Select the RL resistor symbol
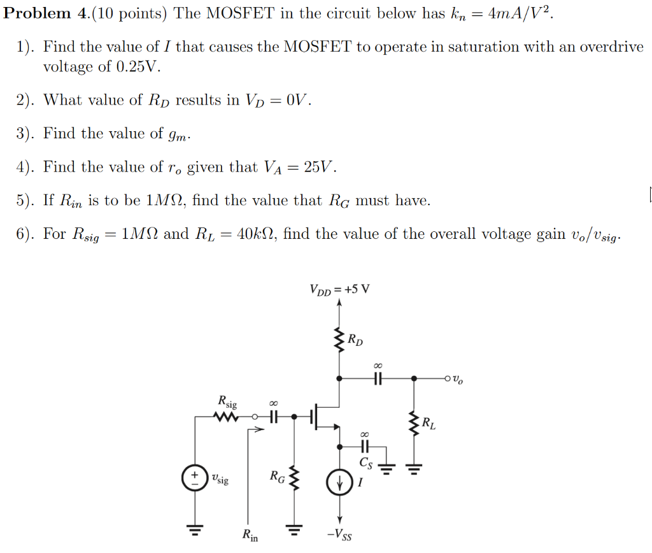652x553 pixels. pyautogui.click(x=415, y=423)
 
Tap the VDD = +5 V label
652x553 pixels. pyautogui.click(x=339, y=290)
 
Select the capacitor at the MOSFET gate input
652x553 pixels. pyautogui.click(x=274, y=417)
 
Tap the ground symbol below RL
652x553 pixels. pyautogui.click(x=415, y=471)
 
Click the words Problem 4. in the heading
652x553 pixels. pyautogui.click(x=47, y=14)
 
